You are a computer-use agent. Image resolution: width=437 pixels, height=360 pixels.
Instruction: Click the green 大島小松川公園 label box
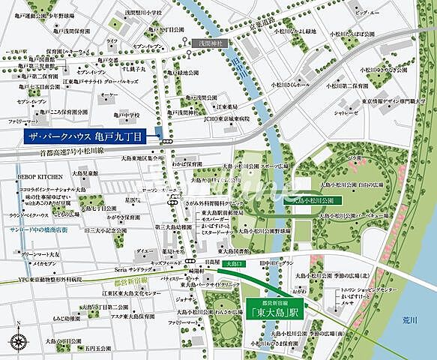315,200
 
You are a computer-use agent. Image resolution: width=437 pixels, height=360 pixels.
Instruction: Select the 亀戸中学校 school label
114,115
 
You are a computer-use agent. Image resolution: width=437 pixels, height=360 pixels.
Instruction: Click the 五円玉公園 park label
100,347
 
